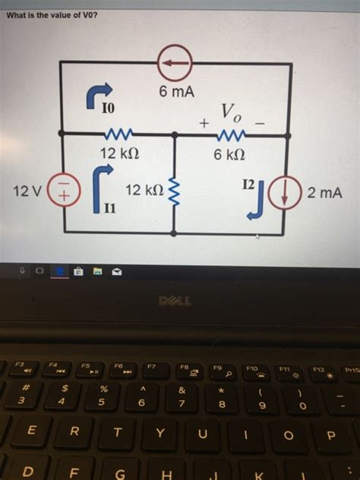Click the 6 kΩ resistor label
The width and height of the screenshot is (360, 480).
[x=229, y=153]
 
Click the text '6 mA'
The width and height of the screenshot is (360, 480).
[x=176, y=92]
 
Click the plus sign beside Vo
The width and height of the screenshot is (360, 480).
[x=204, y=122]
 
